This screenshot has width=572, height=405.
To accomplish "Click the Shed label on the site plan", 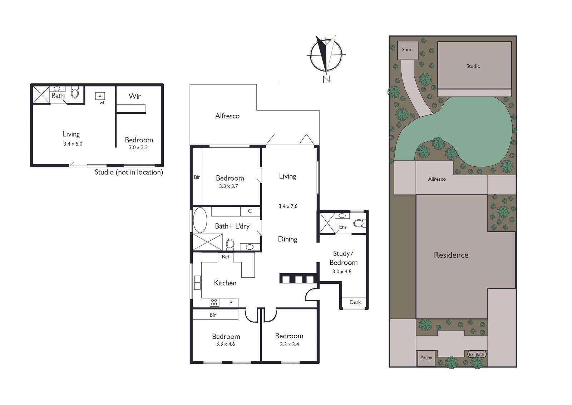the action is tap(407, 49).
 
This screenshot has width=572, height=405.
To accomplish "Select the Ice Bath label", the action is tap(477, 354).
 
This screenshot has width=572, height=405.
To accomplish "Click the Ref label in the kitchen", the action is tap(226, 257).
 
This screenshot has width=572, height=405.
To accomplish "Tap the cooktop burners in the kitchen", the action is tap(214, 302).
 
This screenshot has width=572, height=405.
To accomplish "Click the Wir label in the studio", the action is tap(134, 96).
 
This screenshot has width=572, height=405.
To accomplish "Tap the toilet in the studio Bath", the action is tap(75, 93).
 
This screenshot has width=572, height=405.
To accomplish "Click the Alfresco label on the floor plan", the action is tap(227, 116).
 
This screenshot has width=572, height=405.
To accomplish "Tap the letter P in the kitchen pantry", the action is tap(231, 303).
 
